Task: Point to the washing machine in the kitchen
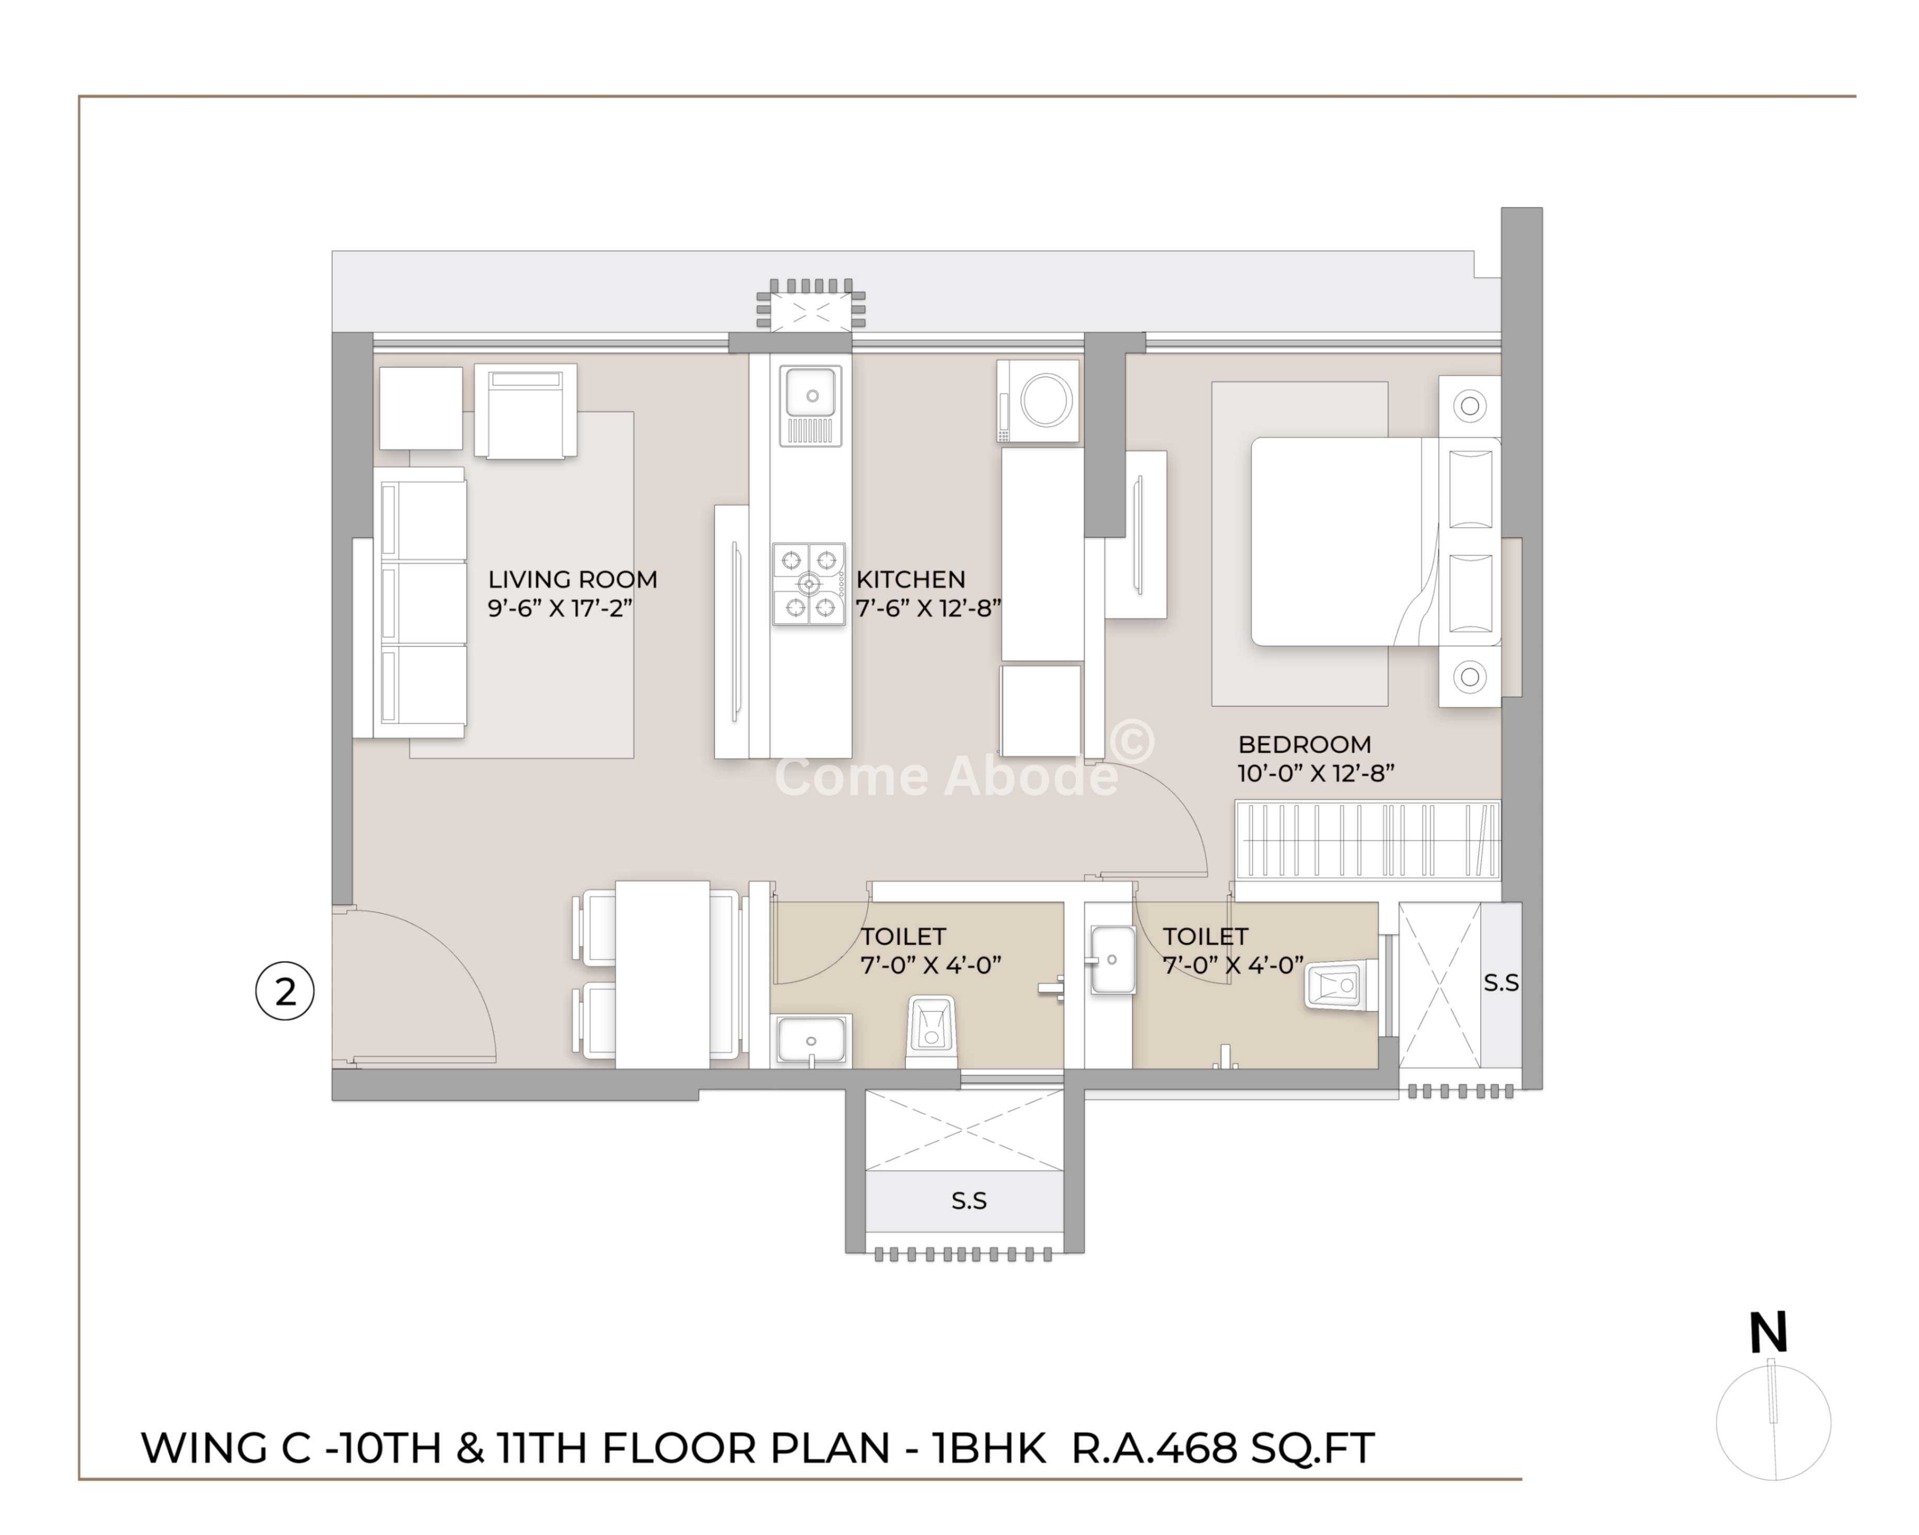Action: pyautogui.click(x=1038, y=401)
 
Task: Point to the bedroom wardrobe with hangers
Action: pyautogui.click(x=1368, y=839)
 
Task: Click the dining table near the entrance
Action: pyautogui.click(x=662, y=975)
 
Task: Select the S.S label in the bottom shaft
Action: pyautogui.click(x=969, y=1201)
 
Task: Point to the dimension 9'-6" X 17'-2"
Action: pyautogui.click(x=560, y=608)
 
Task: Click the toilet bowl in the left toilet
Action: pyautogui.click(x=931, y=1030)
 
